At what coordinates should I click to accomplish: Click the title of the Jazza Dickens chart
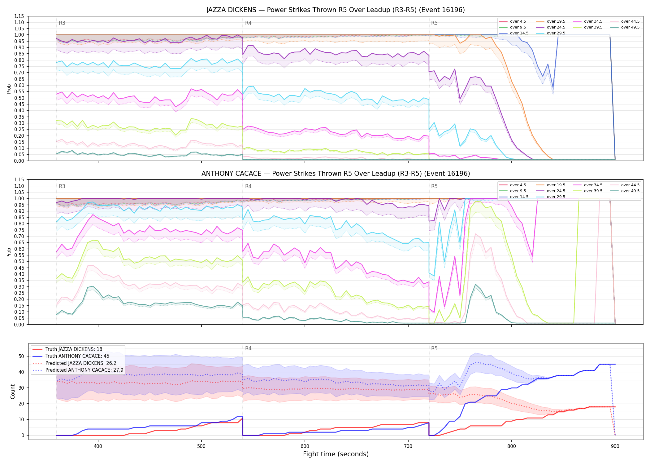point(336,10)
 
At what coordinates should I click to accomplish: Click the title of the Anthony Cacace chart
point(336,174)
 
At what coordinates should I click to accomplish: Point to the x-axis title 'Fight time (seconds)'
point(336,454)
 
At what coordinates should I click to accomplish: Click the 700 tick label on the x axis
point(408,446)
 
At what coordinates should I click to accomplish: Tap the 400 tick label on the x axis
point(98,446)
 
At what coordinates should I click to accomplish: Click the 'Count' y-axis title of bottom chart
point(13,392)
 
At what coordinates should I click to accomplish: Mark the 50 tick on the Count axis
point(21,356)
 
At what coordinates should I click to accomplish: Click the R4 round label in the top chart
point(248,23)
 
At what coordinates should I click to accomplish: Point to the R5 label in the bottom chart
point(434,348)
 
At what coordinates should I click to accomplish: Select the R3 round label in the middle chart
point(62,186)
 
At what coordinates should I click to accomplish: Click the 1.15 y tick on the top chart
point(19,16)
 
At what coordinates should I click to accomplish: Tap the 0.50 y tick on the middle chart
point(19,261)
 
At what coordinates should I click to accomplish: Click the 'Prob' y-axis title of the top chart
point(9,89)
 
